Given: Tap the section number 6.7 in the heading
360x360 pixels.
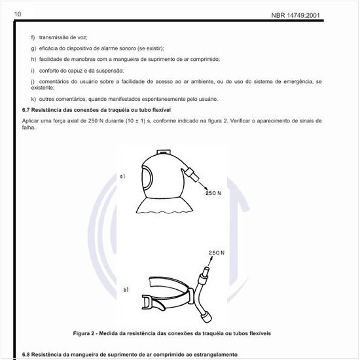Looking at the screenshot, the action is point(27,109).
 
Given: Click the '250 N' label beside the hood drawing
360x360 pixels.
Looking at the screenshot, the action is point(215,194).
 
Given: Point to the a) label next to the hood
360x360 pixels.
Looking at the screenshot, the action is point(122,176).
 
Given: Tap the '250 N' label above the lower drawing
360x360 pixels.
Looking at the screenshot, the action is point(217,252).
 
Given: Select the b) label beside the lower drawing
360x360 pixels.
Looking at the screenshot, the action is point(126,289).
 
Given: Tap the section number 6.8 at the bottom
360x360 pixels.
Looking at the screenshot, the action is point(27,354).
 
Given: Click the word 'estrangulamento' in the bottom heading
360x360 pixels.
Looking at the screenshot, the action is point(211,354).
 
